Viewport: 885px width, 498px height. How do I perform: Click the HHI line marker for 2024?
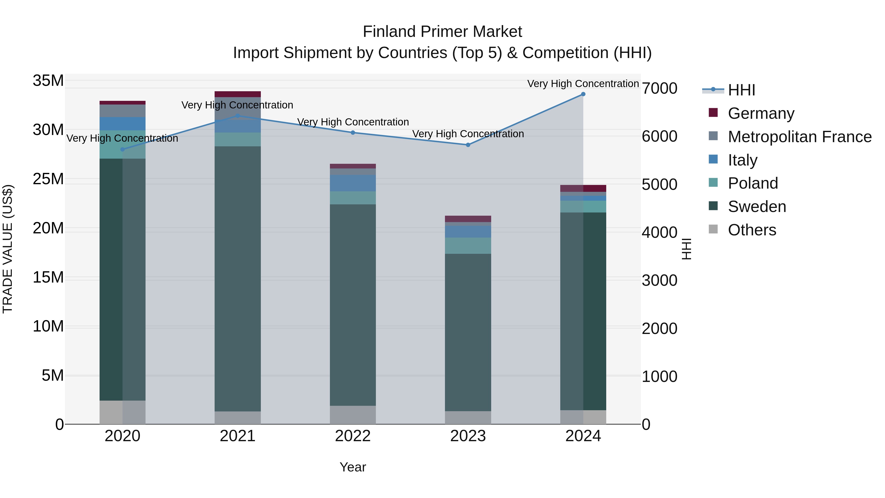(x=583, y=94)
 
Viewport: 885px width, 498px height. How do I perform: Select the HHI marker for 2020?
(x=123, y=150)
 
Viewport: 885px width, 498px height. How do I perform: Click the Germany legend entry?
(x=761, y=113)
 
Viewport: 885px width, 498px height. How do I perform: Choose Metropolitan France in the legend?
(x=799, y=137)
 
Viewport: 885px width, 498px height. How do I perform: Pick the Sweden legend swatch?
(x=713, y=206)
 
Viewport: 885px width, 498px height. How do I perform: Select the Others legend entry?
(x=752, y=230)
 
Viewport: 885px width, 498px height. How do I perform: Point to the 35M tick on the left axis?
(x=48, y=81)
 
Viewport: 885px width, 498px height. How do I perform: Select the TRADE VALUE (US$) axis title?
(x=8, y=249)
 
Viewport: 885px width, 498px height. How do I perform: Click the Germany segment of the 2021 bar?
(x=238, y=94)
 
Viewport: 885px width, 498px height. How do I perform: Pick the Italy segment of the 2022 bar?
(x=353, y=183)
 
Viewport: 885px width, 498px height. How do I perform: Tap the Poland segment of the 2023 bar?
(x=468, y=246)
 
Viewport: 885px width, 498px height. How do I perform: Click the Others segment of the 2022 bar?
(x=353, y=415)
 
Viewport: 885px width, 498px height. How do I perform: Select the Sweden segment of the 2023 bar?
(x=468, y=332)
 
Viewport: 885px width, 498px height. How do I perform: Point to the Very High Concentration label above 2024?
(x=583, y=84)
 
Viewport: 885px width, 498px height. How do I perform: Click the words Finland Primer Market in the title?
(x=442, y=32)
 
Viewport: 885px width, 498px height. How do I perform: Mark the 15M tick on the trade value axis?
(x=48, y=277)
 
